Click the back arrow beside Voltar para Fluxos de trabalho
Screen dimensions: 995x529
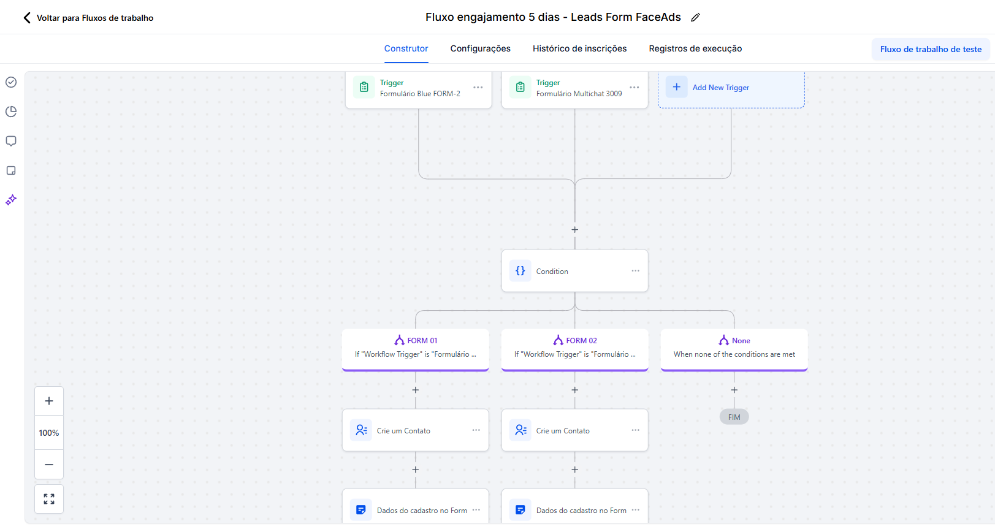tap(27, 18)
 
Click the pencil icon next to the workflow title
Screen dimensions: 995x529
tap(696, 17)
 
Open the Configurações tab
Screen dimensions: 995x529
tap(480, 48)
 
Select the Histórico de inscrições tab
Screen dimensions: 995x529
tap(579, 48)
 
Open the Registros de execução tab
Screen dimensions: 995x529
tap(695, 48)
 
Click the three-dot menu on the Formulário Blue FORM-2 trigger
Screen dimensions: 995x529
tap(478, 88)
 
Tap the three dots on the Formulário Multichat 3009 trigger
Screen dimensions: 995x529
tap(635, 88)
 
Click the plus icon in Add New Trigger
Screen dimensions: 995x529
tap(676, 87)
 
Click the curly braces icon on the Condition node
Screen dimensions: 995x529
tap(520, 271)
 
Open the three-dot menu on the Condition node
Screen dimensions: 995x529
tap(636, 270)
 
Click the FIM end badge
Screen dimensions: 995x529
tap(734, 417)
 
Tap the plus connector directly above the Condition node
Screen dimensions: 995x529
tap(575, 230)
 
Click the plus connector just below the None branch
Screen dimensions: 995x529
tap(734, 390)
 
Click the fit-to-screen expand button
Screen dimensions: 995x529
tap(49, 499)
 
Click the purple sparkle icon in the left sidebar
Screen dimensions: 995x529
tap(11, 200)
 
